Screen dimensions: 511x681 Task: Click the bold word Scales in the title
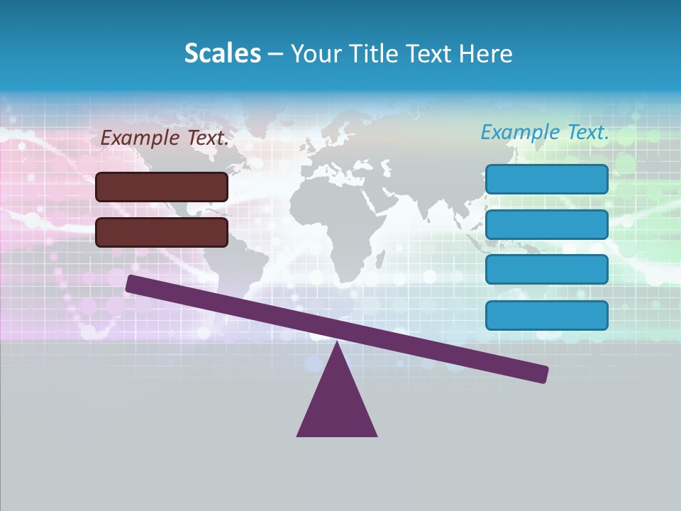222,53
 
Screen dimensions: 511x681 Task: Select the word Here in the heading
486,53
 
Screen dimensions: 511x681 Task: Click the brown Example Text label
165,138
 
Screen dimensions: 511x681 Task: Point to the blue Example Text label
545,132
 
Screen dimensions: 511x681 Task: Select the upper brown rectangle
162,187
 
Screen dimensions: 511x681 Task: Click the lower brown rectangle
162,232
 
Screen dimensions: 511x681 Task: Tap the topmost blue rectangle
546,179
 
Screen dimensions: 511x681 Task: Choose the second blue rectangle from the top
546,224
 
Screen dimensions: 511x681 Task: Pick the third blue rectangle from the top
546,270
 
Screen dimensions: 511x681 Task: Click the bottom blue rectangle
546,315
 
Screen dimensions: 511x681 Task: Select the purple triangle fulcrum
337,405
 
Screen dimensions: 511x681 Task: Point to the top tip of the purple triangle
337,344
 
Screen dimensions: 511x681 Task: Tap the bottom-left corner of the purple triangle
298,435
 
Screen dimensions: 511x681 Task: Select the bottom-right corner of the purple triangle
376,435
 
